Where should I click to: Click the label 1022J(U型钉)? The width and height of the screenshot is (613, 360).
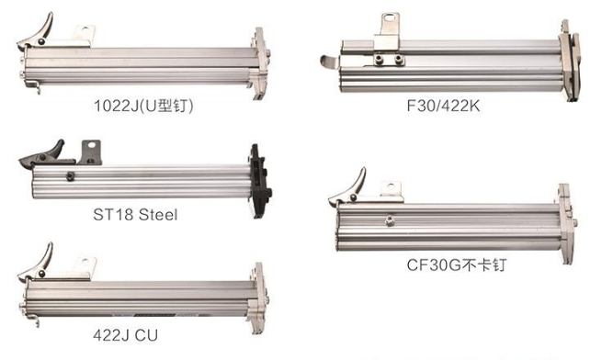[143, 106]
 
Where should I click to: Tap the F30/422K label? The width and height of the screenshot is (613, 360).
[443, 106]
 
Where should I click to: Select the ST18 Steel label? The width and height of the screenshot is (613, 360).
[135, 214]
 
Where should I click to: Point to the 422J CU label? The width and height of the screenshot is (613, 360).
[126, 335]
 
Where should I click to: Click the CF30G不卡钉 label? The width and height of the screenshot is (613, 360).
[457, 265]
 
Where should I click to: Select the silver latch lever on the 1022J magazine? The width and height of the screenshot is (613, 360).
[36, 33]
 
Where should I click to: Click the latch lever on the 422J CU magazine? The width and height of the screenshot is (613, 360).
[36, 264]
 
